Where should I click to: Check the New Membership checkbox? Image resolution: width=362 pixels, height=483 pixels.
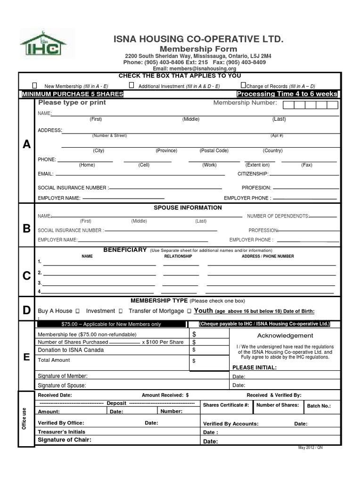click(35, 85)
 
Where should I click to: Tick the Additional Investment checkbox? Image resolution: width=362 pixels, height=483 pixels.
click(132, 85)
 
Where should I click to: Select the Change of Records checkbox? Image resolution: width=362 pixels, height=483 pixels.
click(243, 85)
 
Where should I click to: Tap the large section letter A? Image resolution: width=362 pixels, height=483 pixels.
click(27, 145)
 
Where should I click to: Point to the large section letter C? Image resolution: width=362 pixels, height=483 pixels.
click(27, 276)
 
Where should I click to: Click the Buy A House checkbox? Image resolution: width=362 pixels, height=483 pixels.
click(77, 311)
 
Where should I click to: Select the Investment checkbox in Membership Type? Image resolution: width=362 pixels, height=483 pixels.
click(121, 311)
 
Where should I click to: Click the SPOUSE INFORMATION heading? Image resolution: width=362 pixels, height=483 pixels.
click(188, 208)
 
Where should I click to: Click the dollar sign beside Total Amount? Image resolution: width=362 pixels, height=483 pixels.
click(194, 361)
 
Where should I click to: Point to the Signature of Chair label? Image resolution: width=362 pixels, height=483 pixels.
click(64, 440)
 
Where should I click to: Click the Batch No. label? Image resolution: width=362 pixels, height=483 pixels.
click(319, 406)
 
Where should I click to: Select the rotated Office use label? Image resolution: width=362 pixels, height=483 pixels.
click(24, 418)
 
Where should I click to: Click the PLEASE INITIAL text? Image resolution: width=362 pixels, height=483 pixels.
click(255, 367)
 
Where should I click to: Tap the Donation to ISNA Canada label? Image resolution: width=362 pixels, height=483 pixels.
click(71, 350)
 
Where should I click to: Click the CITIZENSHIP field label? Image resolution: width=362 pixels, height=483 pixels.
click(253, 174)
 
